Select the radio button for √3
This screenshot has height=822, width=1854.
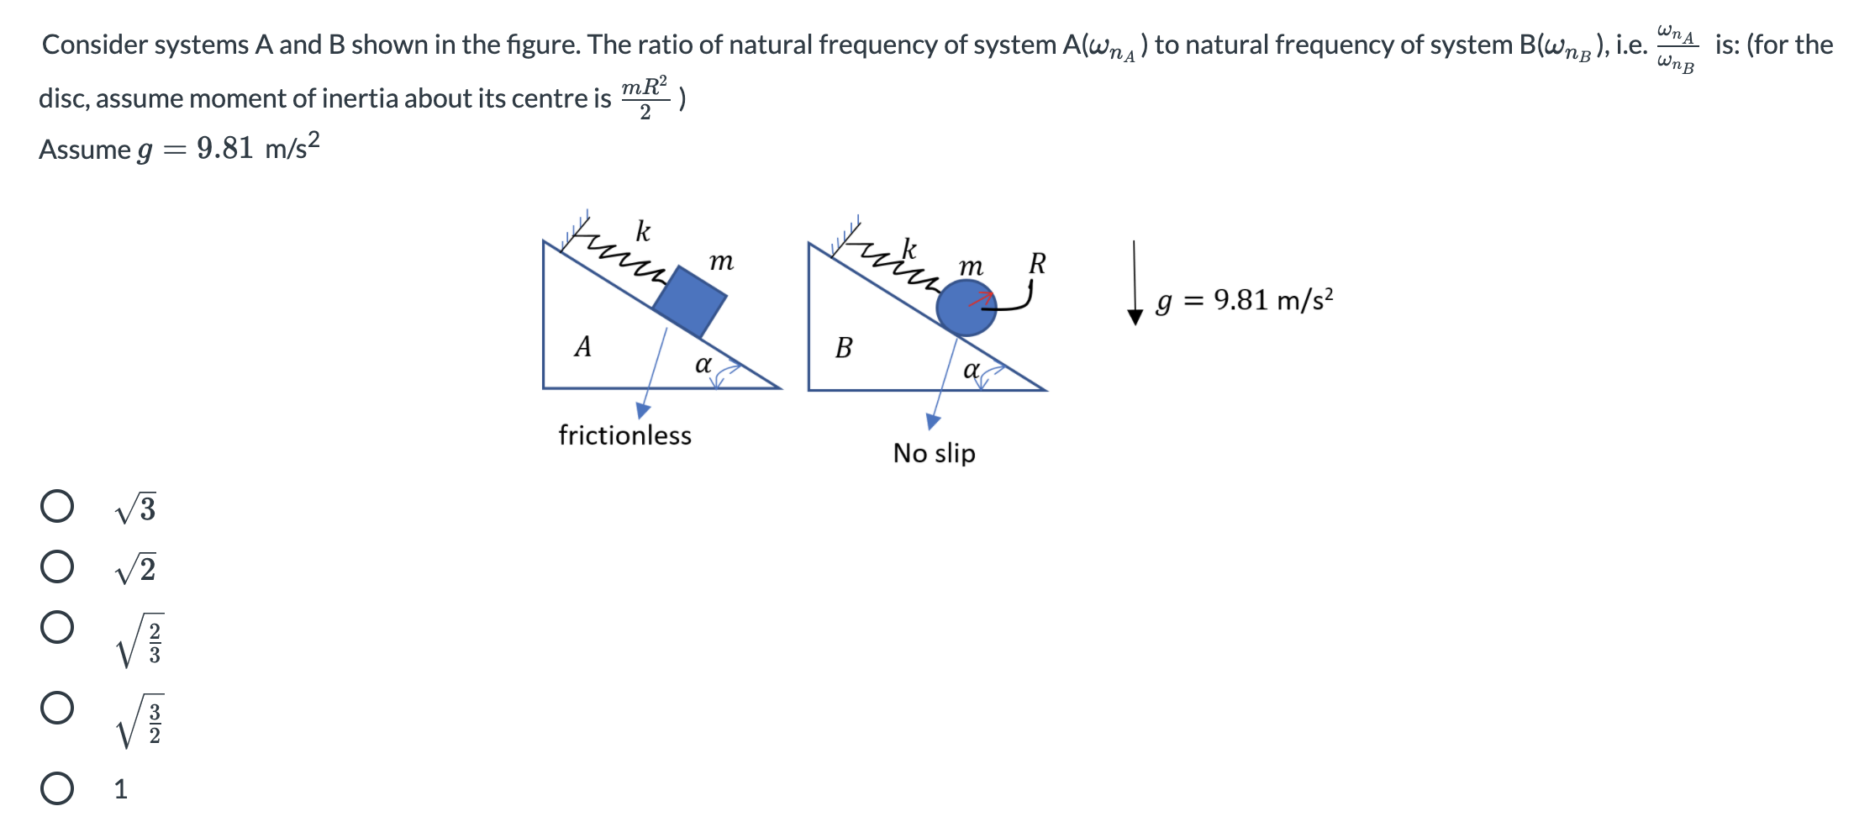click(x=57, y=507)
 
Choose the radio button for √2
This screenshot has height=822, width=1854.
click(x=57, y=567)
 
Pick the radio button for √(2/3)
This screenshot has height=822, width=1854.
click(x=57, y=627)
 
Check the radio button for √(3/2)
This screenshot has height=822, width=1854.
click(x=57, y=708)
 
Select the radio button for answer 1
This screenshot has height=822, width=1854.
click(x=57, y=788)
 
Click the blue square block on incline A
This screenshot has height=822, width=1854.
click(x=690, y=302)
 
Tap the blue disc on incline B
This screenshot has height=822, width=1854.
click(x=965, y=308)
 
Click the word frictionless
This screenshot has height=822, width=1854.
click(x=624, y=435)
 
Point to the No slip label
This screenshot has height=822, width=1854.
click(x=934, y=453)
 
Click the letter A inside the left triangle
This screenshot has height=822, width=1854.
click(x=582, y=346)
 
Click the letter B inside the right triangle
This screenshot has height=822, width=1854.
click(x=844, y=347)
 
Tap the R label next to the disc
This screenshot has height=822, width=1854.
click(x=1037, y=264)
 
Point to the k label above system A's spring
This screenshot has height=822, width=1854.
click(x=643, y=230)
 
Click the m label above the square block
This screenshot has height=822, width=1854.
click(x=721, y=261)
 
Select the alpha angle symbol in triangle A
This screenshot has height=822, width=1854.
click(x=703, y=365)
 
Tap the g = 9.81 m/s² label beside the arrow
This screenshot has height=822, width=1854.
click(x=1244, y=300)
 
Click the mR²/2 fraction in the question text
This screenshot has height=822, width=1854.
click(x=645, y=97)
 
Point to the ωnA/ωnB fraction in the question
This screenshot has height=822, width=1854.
click(x=1676, y=49)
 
